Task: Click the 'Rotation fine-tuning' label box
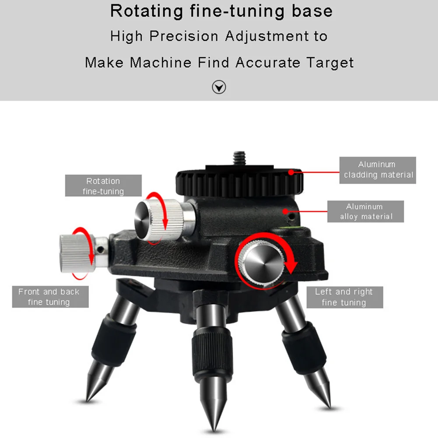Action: (103, 186)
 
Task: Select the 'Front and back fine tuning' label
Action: (50, 297)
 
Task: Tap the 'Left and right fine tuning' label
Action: (344, 297)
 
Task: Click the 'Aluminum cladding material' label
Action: (378, 170)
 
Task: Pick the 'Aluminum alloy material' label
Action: (366, 211)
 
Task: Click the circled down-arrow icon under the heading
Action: (219, 88)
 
